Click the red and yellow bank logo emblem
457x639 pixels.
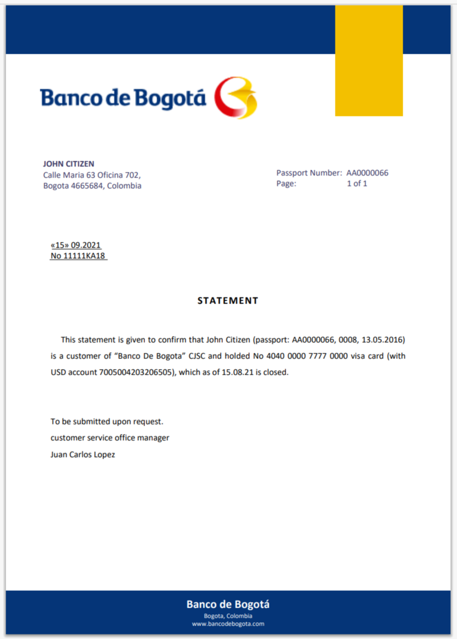click(235, 98)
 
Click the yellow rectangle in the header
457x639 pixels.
click(369, 60)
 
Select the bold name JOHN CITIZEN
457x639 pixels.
click(68, 164)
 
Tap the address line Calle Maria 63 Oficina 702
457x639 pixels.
click(91, 175)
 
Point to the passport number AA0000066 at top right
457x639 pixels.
click(367, 172)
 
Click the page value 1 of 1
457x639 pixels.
click(357, 183)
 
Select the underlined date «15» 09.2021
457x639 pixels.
click(76, 245)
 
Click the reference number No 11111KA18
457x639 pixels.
click(78, 256)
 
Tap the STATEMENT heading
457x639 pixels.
click(227, 301)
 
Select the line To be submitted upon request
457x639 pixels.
click(107, 421)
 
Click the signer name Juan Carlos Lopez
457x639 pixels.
click(82, 454)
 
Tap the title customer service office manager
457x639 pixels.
click(110, 437)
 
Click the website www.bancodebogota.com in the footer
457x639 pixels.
click(228, 623)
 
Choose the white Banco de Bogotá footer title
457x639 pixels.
click(228, 604)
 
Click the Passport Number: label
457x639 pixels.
click(309, 172)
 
